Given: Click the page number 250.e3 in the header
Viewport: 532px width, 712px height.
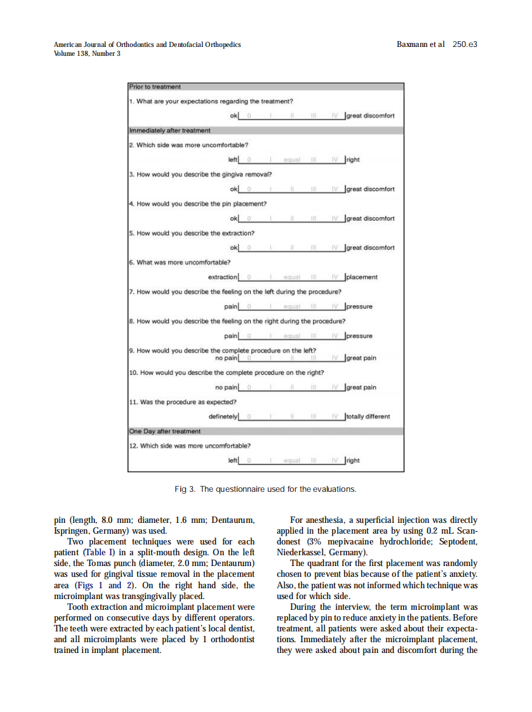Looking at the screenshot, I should point(465,44).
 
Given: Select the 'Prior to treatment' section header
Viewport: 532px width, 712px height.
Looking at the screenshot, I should point(155,86).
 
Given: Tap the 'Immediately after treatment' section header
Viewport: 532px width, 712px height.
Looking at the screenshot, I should point(170,130).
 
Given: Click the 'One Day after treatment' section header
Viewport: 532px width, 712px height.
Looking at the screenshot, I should point(164,431).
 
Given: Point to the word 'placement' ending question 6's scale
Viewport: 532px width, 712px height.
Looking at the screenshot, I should point(362,277).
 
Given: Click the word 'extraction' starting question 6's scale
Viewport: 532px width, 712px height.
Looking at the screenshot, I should point(223,277).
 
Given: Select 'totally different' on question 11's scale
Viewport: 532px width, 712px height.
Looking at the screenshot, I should point(368,416).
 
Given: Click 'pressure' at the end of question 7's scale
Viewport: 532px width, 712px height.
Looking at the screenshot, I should point(359,306).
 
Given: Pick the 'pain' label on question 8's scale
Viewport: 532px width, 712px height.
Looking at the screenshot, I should point(231,336).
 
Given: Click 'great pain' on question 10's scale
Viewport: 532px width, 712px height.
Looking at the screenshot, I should point(361,387).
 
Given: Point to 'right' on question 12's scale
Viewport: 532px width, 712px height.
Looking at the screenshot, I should point(353,460).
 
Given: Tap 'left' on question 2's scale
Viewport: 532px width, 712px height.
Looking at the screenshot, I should point(232,160).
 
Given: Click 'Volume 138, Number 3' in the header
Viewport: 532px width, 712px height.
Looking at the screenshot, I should point(87,53).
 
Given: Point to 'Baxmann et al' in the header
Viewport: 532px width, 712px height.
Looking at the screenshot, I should point(420,44).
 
